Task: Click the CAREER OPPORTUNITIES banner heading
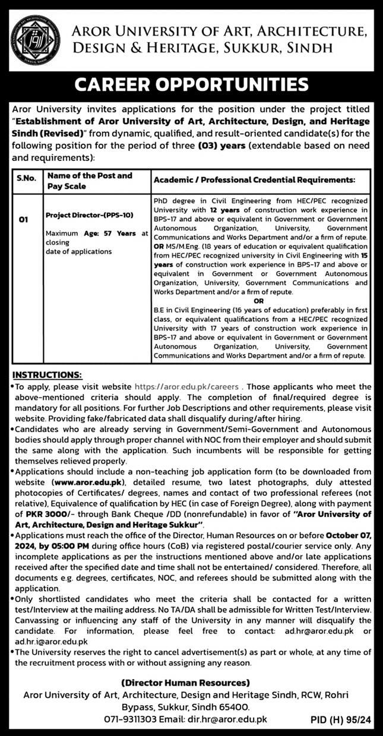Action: pyautogui.click(x=191, y=85)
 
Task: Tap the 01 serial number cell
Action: pyautogui.click(x=23, y=220)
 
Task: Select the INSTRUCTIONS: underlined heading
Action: pyautogui.click(x=47, y=375)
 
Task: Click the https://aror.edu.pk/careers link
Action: pyautogui.click(x=187, y=386)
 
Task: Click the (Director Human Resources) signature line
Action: pyautogui.click(x=185, y=683)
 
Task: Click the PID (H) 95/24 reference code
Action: pyautogui.click(x=341, y=720)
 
